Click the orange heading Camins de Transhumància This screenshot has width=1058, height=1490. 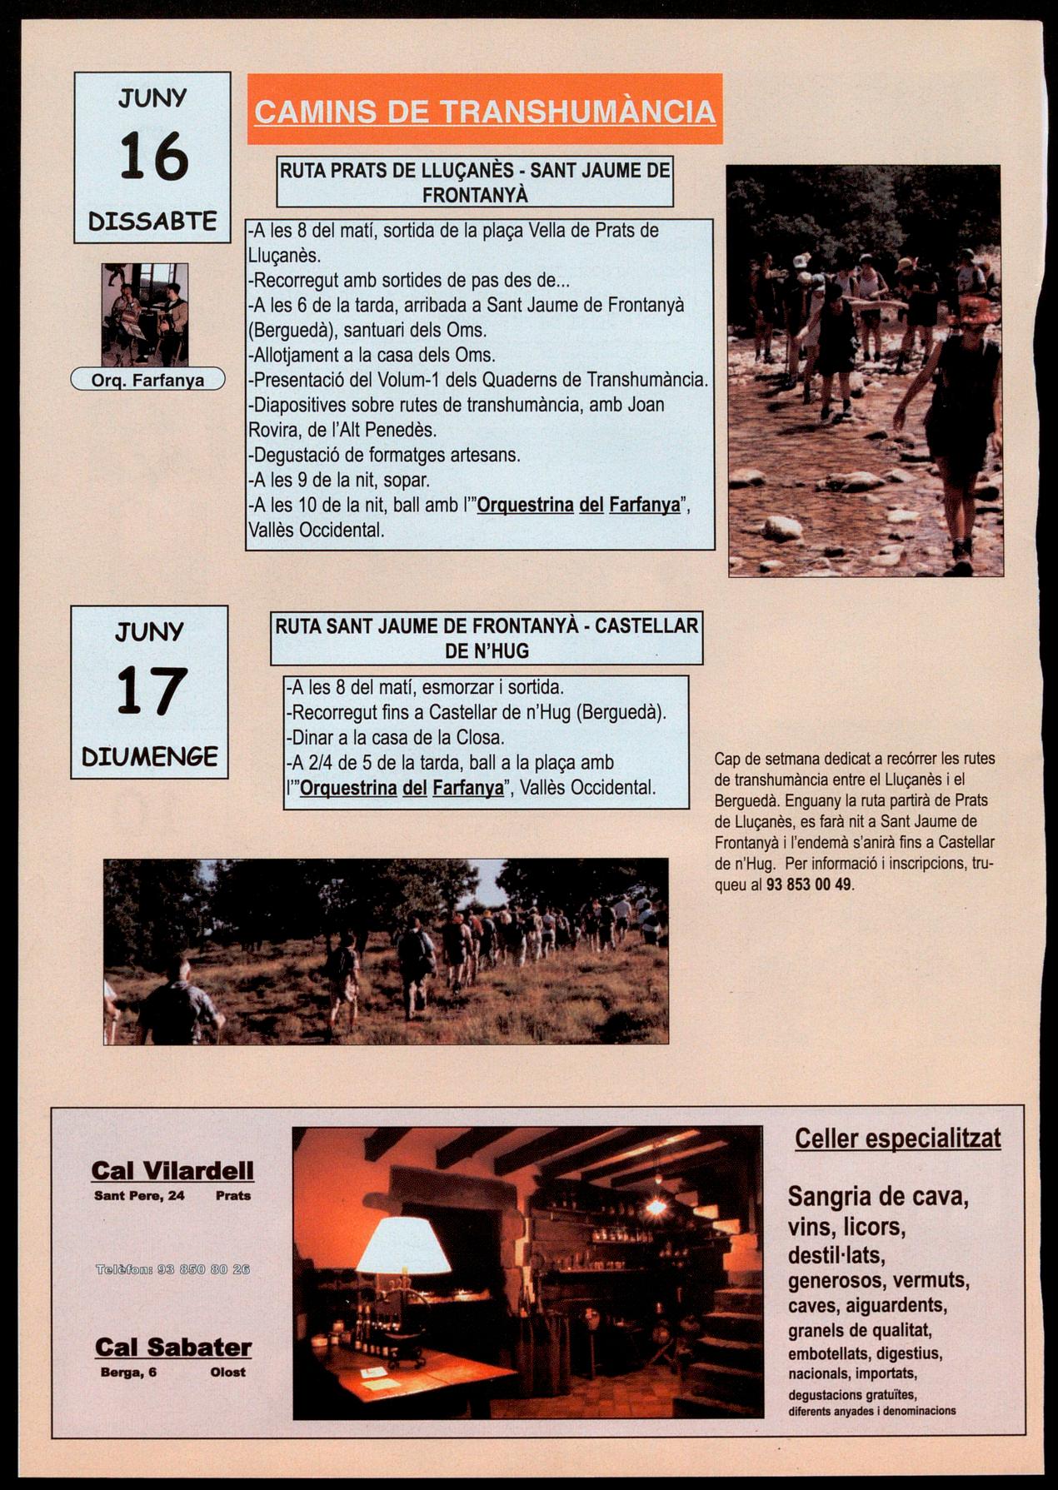484,112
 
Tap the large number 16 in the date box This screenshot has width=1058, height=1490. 153,157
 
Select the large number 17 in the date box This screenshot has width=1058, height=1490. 150,690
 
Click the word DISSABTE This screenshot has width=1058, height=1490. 152,222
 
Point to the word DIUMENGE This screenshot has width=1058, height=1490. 150,757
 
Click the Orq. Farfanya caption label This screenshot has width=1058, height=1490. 148,381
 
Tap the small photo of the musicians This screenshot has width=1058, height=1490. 145,314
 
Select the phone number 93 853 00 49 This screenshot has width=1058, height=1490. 808,885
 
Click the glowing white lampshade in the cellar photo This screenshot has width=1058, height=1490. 404,1244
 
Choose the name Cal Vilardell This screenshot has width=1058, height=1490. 172,1170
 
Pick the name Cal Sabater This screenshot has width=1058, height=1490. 173,1347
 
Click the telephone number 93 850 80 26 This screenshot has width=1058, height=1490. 173,1269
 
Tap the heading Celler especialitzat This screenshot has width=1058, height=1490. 897,1139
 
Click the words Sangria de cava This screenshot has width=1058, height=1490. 877,1197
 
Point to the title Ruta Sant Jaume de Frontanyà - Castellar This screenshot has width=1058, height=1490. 487,626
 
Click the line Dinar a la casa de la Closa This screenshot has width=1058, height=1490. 396,737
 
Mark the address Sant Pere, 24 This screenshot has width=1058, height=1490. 140,1195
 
